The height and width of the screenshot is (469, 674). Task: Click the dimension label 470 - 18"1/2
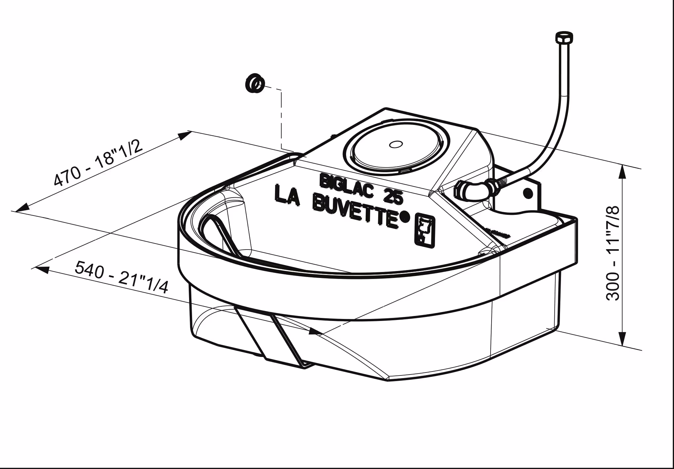pos(98,163)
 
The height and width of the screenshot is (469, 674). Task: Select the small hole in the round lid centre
pos(395,144)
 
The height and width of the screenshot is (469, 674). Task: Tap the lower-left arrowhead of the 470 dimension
pos(22,207)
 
